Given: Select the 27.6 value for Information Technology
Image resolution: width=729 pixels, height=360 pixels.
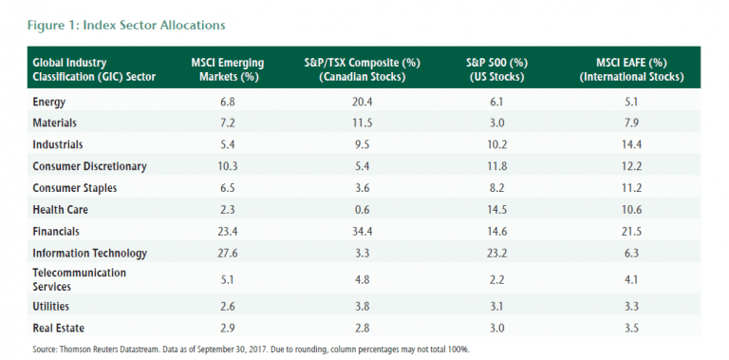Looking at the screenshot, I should (x=228, y=254).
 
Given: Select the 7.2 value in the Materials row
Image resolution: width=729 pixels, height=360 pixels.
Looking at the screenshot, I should (x=228, y=123).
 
